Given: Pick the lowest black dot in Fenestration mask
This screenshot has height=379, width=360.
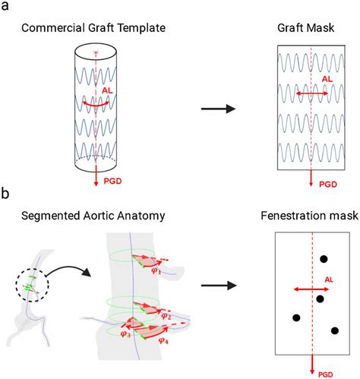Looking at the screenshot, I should pos(334,330).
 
